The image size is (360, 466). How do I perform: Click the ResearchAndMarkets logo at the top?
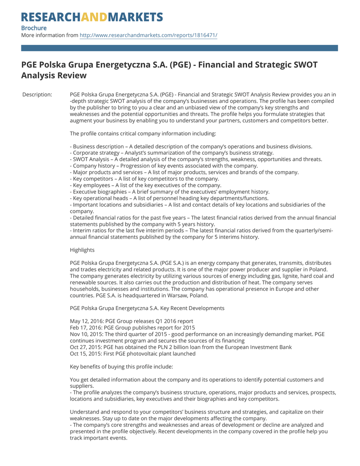(92, 17)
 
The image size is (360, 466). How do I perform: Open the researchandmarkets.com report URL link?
(148, 35)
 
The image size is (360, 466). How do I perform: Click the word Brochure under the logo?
(34, 28)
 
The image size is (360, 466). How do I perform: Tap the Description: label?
(37, 95)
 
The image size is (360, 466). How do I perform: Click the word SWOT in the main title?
(302, 65)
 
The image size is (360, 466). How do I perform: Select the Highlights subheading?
(82, 250)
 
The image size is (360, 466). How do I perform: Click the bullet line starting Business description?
(191, 147)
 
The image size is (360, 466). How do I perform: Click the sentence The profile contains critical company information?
(143, 133)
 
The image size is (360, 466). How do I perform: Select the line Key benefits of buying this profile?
(121, 366)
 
